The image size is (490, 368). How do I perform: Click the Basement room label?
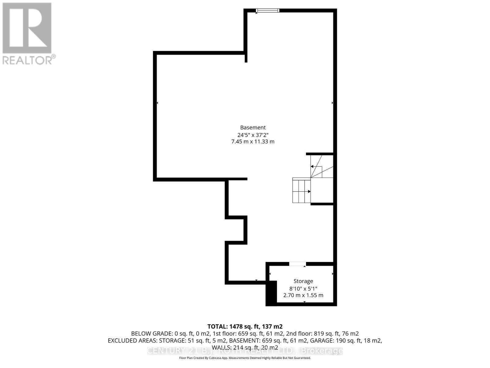253,128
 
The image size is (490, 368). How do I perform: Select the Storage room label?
303,281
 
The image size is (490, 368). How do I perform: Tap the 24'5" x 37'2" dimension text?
253,135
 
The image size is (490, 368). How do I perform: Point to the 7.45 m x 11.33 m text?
253,142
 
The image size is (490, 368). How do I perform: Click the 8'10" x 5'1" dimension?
303,289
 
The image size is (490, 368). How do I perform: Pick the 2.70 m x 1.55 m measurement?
303,295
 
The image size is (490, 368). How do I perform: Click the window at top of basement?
268,11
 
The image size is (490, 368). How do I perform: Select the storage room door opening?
298,264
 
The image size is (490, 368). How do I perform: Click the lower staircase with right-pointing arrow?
301,191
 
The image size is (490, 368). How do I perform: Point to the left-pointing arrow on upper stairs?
312,167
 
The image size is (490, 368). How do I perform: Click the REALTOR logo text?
29,60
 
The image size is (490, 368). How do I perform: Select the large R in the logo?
27,28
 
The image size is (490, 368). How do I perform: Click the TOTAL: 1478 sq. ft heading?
245,327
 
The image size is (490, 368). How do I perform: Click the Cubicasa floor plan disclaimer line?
245,358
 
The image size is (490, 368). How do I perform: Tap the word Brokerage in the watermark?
322,351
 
